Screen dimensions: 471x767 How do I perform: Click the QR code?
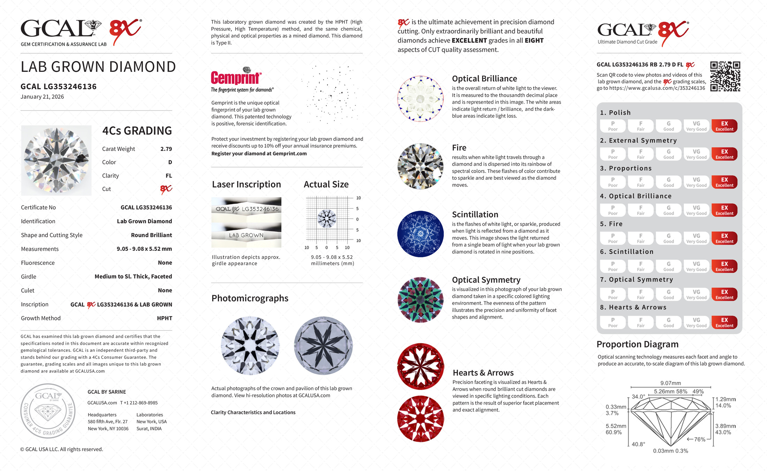pyautogui.click(x=725, y=76)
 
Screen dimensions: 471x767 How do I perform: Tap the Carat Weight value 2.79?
pyautogui.click(x=166, y=149)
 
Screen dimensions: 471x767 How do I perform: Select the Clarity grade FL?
pyautogui.click(x=169, y=176)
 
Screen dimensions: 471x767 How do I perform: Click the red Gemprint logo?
pyautogui.click(x=236, y=77)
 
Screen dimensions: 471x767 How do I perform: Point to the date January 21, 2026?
pyautogui.click(x=42, y=97)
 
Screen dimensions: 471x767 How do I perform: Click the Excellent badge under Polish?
pyautogui.click(x=724, y=126)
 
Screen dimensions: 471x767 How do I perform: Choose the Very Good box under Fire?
pyautogui.click(x=696, y=238)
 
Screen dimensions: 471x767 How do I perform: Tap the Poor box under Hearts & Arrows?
pyautogui.click(x=613, y=322)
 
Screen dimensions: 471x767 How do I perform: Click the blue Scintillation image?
pyautogui.click(x=420, y=234)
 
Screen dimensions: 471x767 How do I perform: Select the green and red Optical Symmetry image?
pyautogui.click(x=420, y=300)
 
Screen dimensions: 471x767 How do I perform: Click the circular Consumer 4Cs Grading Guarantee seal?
pyautogui.click(x=48, y=411)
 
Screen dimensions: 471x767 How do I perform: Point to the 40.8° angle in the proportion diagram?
pyautogui.click(x=638, y=444)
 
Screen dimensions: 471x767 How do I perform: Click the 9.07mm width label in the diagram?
pyautogui.click(x=670, y=383)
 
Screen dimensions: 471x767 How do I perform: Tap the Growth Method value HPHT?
pyautogui.click(x=165, y=318)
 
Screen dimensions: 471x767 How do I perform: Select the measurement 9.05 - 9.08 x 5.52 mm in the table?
pyautogui.click(x=144, y=249)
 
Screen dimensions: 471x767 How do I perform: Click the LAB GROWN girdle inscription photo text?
pyautogui.click(x=246, y=236)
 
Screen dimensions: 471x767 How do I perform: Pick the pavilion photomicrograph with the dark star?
pyautogui.click(x=323, y=345)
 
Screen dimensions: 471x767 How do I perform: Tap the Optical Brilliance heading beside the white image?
pyautogui.click(x=484, y=79)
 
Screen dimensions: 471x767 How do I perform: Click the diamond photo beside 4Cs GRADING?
pyautogui.click(x=56, y=160)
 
